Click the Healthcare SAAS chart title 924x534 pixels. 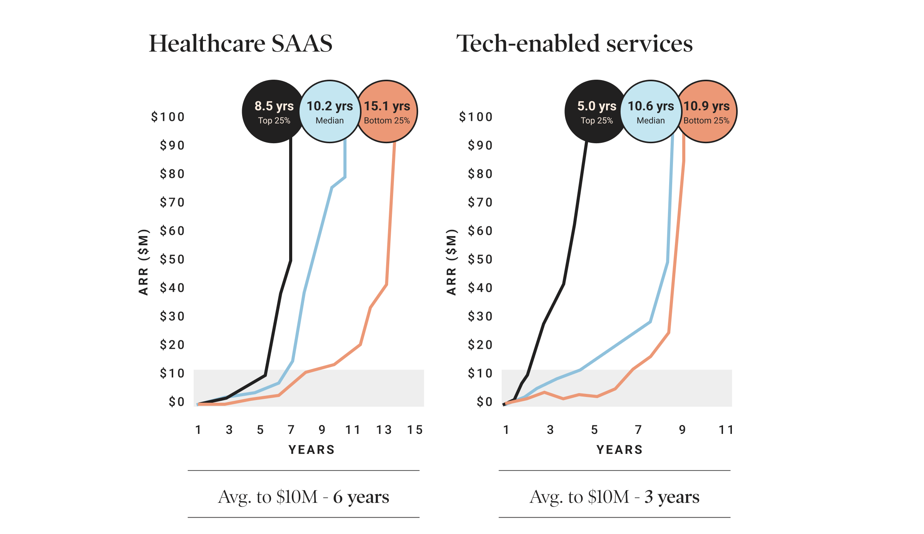pyautogui.click(x=241, y=44)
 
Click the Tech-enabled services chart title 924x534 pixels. pyautogui.click(x=574, y=44)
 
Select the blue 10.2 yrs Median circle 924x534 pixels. pyautogui.click(x=330, y=112)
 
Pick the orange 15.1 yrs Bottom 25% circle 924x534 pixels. pyautogui.click(x=387, y=112)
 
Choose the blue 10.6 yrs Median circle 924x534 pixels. pyautogui.click(x=651, y=112)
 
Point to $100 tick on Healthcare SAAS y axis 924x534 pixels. pyautogui.click(x=168, y=117)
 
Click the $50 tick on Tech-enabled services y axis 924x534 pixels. pyautogui.click(x=480, y=259)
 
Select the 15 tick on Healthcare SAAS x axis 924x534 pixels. pyautogui.click(x=415, y=430)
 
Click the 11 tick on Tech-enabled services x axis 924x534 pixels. pyautogui.click(x=726, y=430)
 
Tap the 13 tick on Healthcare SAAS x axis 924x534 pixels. pyautogui.click(x=384, y=430)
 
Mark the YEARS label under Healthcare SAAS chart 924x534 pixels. pyautogui.click(x=311, y=450)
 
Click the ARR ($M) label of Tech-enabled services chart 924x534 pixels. pyautogui.click(x=451, y=262)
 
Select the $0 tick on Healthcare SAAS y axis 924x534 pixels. pyautogui.click(x=177, y=402)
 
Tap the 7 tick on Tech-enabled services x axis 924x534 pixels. pyautogui.click(x=638, y=430)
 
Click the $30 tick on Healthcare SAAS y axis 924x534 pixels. pyautogui.click(x=172, y=316)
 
